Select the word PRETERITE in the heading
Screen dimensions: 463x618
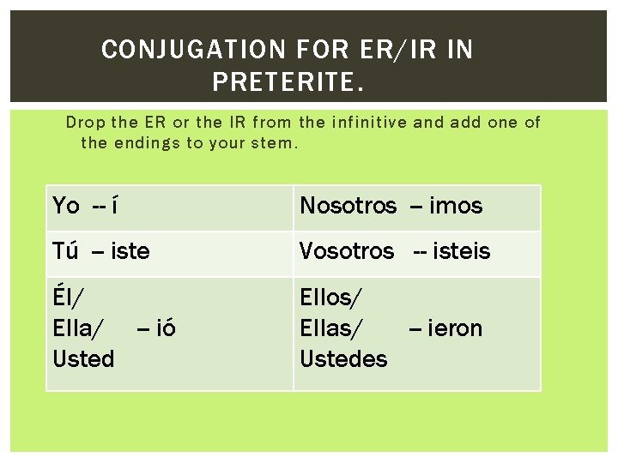click(x=282, y=83)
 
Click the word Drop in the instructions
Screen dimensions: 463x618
click(x=85, y=123)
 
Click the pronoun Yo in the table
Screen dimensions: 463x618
click(x=66, y=206)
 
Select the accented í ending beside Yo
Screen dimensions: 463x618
click(x=115, y=206)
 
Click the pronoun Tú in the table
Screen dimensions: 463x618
click(x=66, y=252)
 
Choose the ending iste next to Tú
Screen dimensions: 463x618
click(x=130, y=252)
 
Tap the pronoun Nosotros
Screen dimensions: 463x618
click(x=348, y=206)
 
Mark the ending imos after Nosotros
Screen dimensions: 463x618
click(x=456, y=206)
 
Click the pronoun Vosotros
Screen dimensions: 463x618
click(x=347, y=252)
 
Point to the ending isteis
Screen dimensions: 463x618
click(x=462, y=252)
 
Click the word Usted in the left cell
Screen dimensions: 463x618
click(x=83, y=359)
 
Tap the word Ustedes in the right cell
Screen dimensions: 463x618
click(x=343, y=359)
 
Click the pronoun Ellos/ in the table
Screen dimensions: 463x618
click(x=331, y=298)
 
